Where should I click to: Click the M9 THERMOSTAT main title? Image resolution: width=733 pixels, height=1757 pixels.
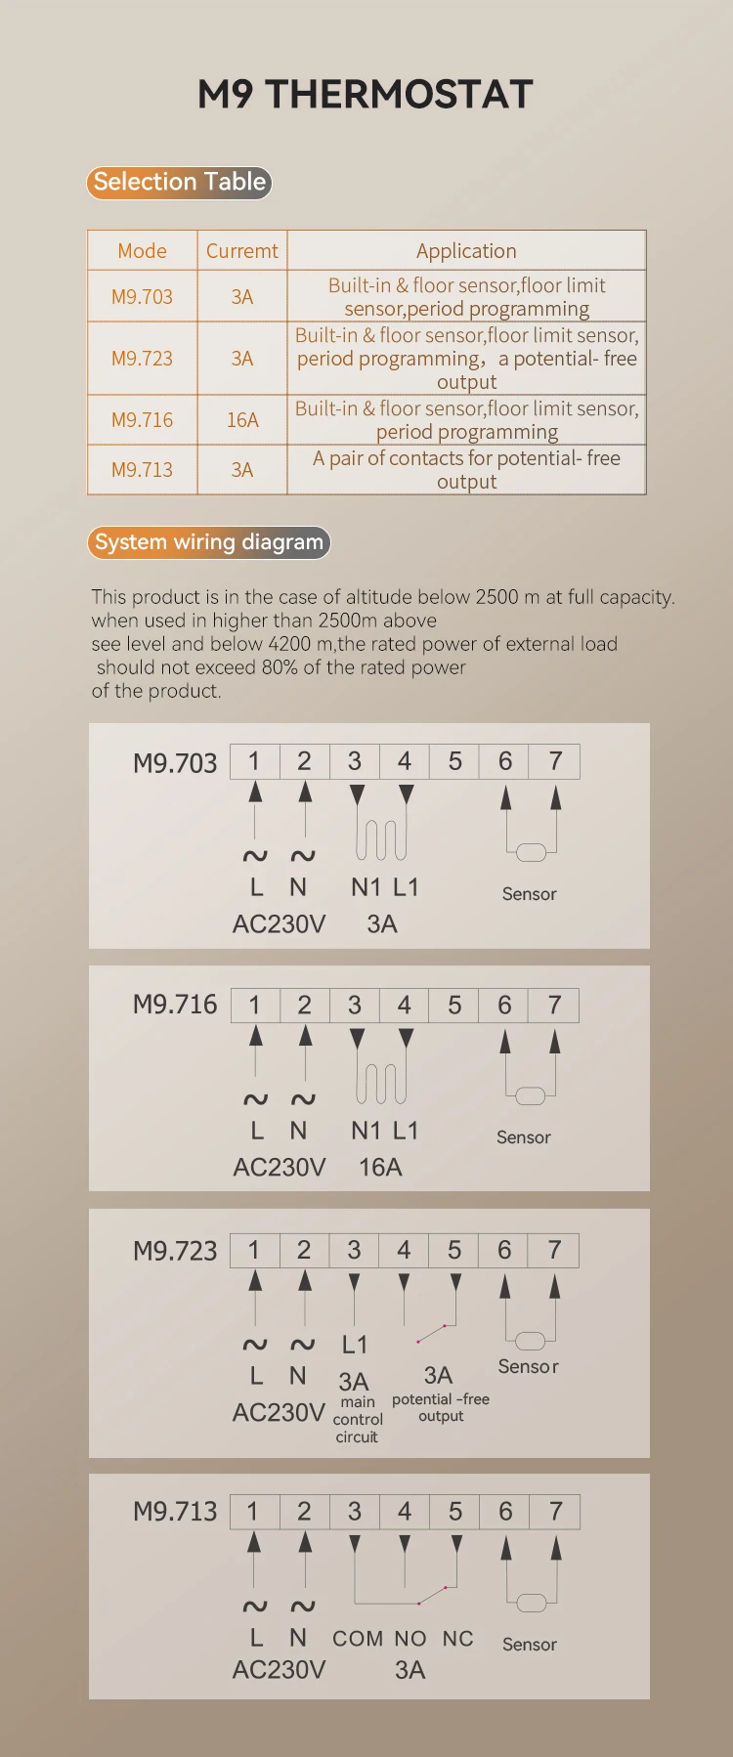(366, 94)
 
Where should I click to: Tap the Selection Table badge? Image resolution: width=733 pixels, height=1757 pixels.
(179, 182)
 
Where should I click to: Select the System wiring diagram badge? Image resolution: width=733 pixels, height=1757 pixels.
(208, 542)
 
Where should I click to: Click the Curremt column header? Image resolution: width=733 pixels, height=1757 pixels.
(241, 251)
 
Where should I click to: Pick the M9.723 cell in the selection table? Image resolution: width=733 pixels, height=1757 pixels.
(142, 359)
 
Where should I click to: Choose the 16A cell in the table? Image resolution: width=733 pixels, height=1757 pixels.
(242, 420)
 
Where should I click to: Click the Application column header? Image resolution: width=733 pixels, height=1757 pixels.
(466, 251)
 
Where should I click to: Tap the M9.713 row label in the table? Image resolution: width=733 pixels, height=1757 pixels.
(142, 470)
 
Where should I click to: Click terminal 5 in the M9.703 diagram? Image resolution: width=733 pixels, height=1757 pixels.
(454, 761)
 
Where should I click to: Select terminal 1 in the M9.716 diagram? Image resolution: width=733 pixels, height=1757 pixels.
(255, 1005)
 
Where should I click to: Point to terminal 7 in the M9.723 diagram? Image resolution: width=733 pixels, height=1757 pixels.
(554, 1250)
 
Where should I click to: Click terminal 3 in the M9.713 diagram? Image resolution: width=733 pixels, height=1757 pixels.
(354, 1512)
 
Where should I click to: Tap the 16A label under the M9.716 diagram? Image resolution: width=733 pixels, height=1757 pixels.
(380, 1167)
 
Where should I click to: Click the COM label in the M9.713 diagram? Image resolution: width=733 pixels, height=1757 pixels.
(358, 1639)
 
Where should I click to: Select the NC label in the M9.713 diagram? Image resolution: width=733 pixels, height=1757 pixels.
(457, 1639)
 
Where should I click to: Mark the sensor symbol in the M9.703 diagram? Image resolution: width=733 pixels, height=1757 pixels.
(531, 852)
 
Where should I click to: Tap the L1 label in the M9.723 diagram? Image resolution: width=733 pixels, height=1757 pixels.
(355, 1345)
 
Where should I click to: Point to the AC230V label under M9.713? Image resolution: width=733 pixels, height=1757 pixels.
(279, 1670)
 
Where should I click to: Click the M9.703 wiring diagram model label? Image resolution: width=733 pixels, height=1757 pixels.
(175, 763)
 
